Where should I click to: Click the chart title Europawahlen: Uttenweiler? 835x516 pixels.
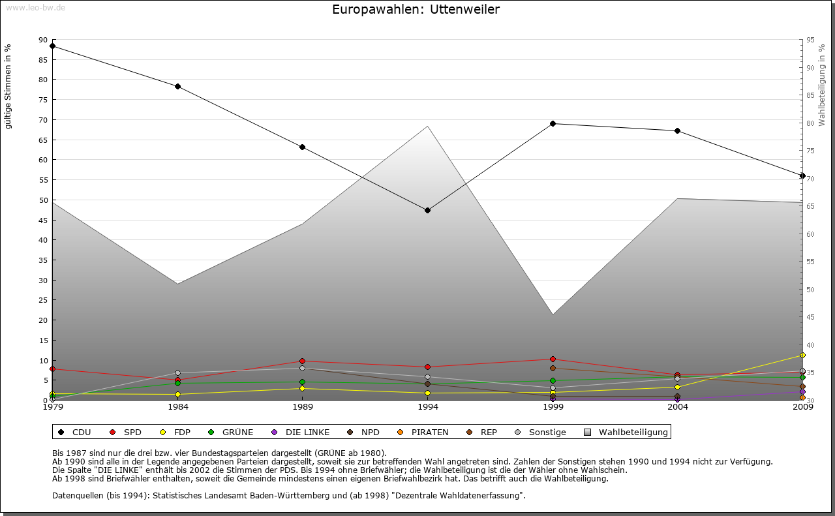[416, 9]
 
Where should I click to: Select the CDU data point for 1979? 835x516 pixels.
[52, 46]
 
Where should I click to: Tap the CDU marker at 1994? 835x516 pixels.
[427, 210]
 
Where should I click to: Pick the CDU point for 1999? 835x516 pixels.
[553, 123]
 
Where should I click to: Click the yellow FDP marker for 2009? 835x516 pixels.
[802, 356]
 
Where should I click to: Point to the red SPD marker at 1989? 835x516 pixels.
[303, 361]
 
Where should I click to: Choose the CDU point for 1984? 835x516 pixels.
[177, 86]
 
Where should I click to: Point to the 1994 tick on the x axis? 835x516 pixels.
[427, 407]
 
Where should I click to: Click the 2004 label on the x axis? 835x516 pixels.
[678, 407]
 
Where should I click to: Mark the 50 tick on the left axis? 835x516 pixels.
[43, 200]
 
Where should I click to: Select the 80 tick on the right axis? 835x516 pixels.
[810, 123]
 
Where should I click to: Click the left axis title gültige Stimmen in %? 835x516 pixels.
[8, 86]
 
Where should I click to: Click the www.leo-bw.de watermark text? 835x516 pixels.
[35, 7]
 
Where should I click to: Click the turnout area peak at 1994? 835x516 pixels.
[427, 127]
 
